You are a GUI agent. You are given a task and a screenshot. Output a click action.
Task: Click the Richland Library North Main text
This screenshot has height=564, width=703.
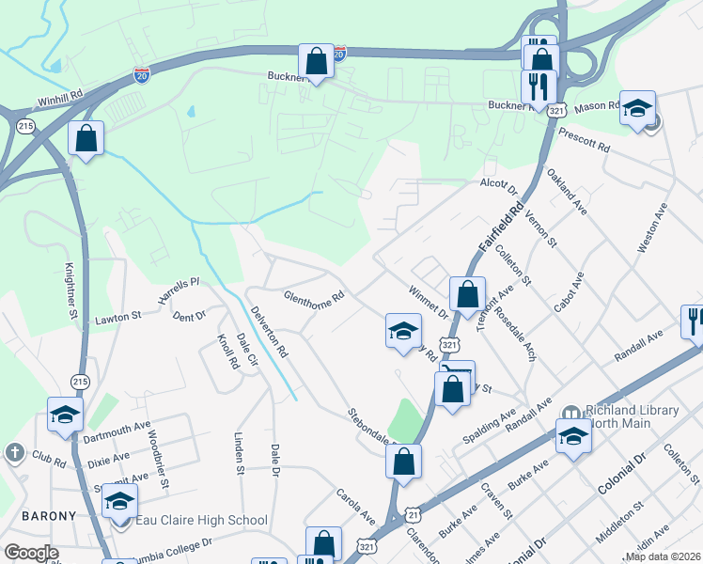click(x=632, y=418)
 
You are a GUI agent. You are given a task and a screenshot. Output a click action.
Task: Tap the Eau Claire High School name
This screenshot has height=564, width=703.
click(x=202, y=520)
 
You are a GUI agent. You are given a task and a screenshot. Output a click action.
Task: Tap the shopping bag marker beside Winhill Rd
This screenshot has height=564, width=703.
click(x=86, y=138)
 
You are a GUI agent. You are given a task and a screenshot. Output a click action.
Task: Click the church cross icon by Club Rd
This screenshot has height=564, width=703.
click(x=14, y=453)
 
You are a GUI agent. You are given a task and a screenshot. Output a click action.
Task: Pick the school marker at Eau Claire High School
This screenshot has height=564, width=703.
click(x=119, y=501)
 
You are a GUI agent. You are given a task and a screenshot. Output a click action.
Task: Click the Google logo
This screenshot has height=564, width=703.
click(x=32, y=553)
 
